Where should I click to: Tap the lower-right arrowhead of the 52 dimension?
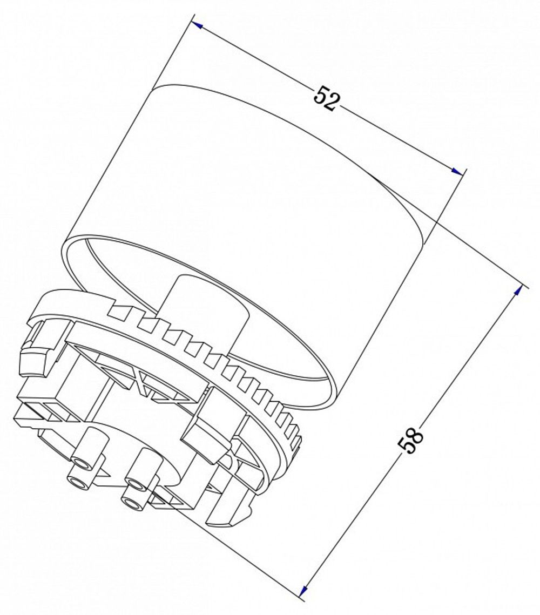pyautogui.click(x=457, y=172)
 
